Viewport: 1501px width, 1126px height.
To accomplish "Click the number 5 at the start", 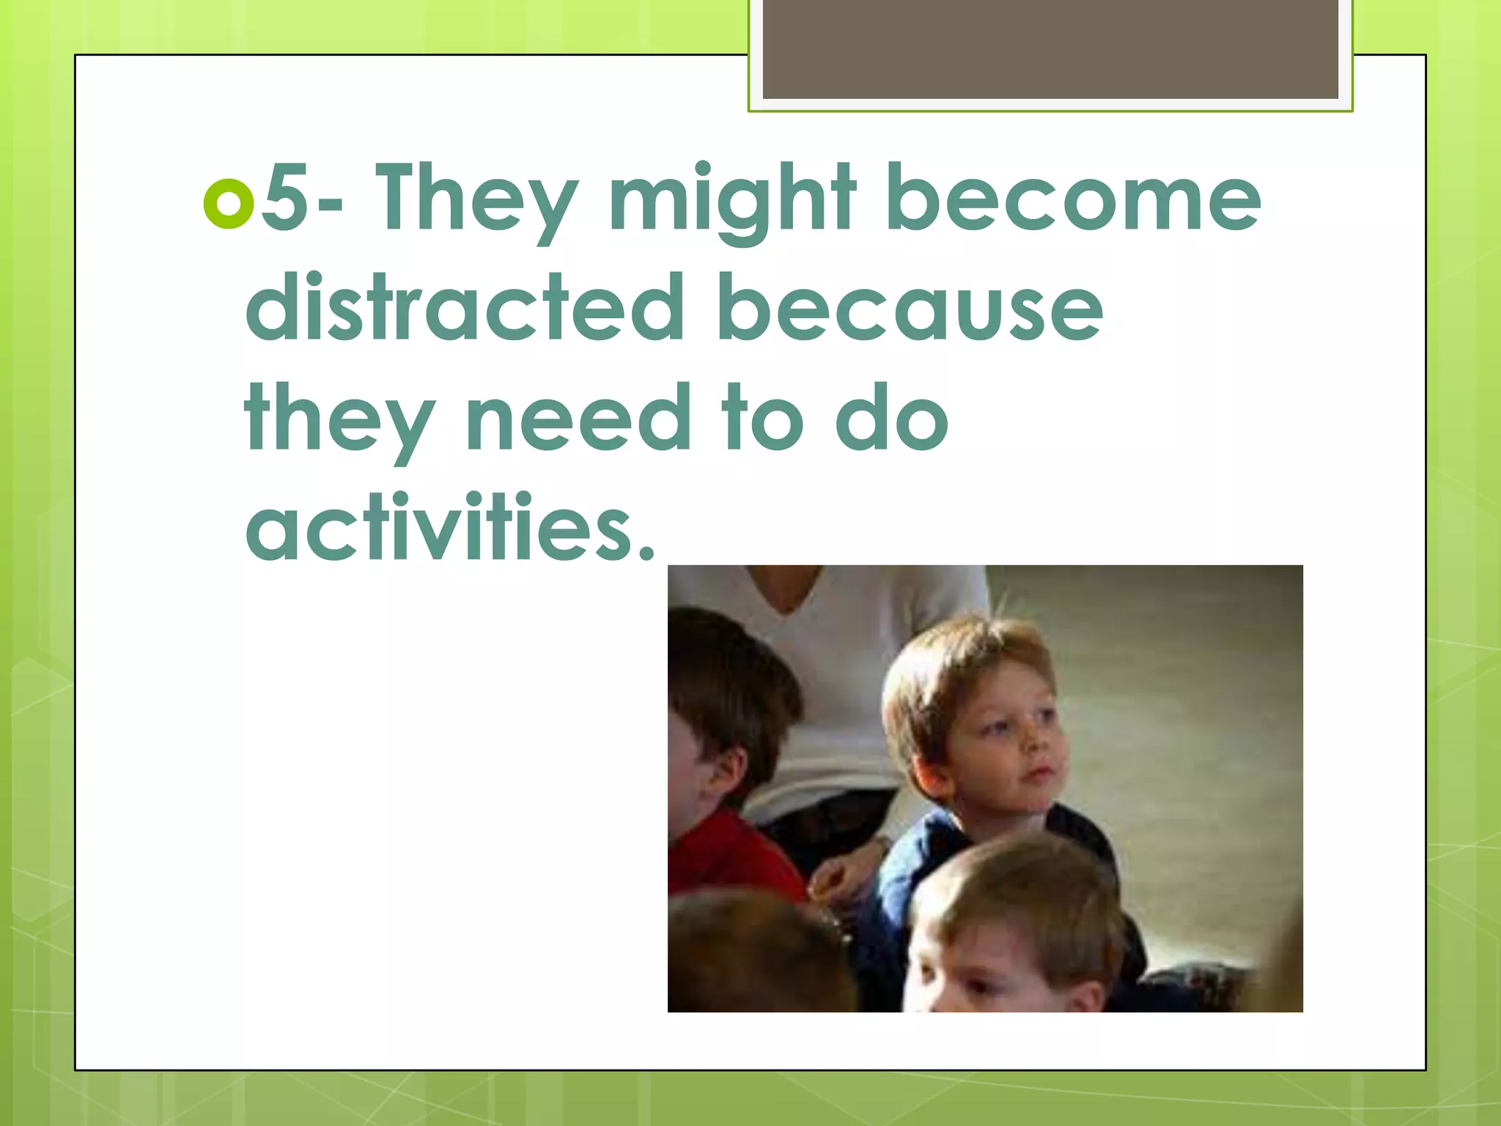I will point(284,196).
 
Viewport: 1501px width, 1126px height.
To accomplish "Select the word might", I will point(731,199).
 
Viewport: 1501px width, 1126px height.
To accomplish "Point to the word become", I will point(1074,198).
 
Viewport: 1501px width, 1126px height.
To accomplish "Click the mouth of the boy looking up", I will point(1036,774).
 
